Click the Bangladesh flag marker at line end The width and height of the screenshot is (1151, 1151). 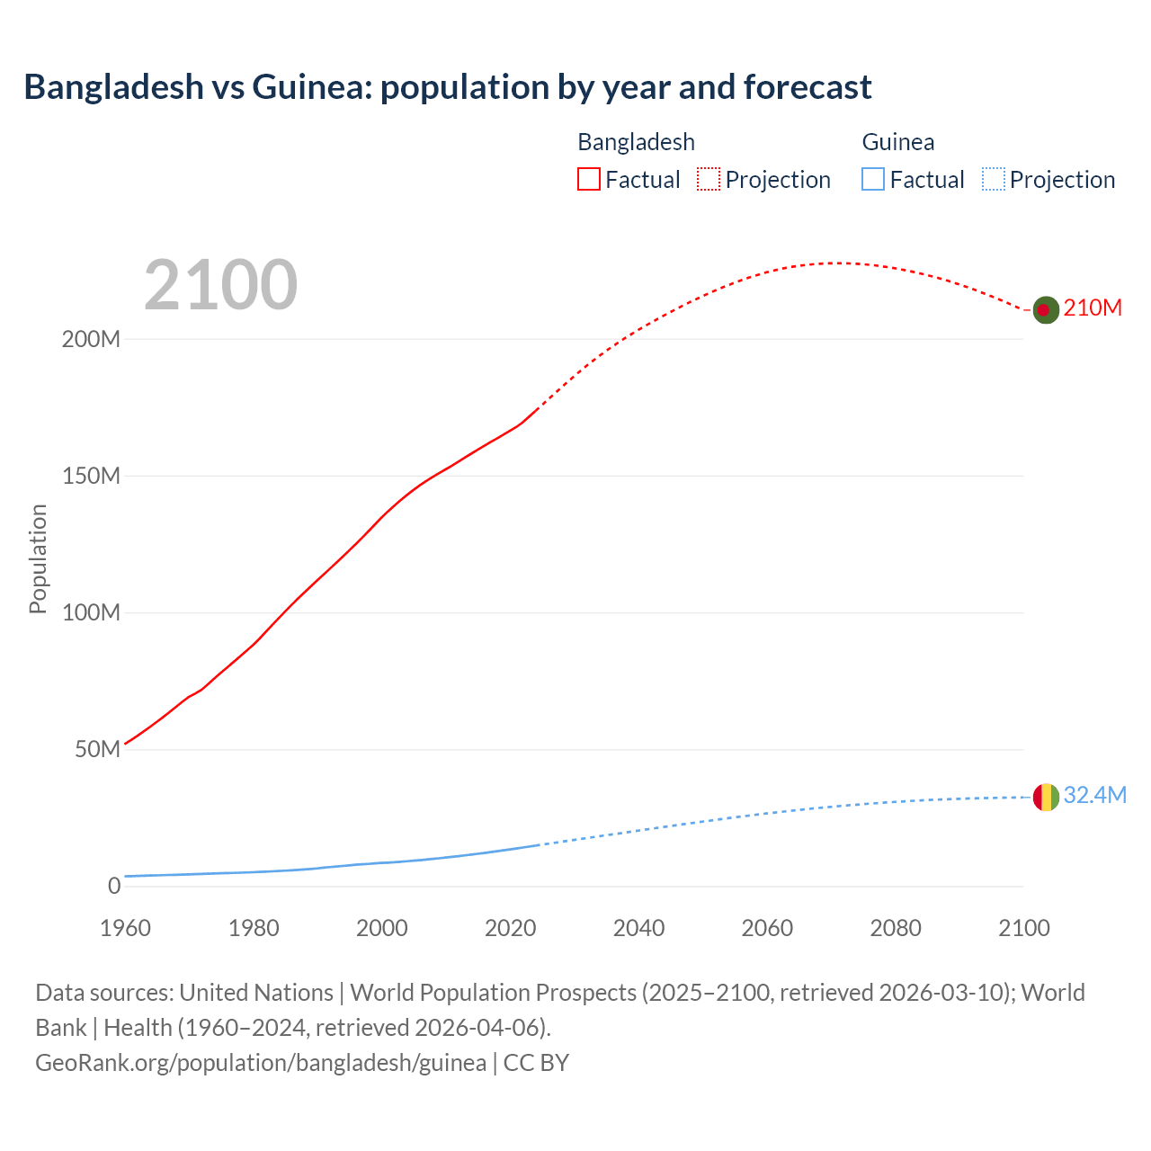(1045, 309)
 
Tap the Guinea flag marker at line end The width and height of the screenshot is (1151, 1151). (1045, 797)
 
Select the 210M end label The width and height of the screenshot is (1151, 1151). (1093, 308)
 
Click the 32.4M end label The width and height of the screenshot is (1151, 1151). (1094, 795)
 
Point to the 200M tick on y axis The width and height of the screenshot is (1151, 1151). (91, 340)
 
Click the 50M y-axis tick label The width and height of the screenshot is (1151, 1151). (97, 750)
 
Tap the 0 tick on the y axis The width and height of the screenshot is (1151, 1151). (113, 887)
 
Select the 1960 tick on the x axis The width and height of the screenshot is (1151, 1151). (125, 928)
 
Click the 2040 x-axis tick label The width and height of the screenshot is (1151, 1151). (638, 928)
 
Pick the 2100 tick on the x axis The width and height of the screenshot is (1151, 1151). (1023, 928)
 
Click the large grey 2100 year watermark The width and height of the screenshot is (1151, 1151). (220, 285)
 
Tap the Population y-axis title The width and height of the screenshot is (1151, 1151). (38, 558)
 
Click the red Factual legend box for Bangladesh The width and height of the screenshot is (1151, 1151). (588, 179)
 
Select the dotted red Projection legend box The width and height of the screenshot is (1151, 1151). (709, 179)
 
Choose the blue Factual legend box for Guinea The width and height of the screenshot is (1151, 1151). (872, 179)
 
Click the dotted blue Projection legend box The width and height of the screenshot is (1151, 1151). (993, 179)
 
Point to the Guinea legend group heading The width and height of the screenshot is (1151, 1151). (897, 142)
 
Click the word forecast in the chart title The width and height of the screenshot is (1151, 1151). (807, 87)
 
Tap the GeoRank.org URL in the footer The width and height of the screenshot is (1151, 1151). (261, 1063)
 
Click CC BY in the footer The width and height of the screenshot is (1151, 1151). (536, 1063)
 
